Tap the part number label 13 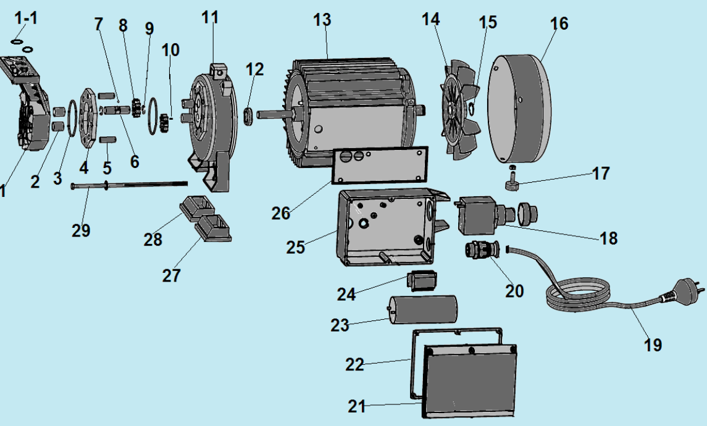pyautogui.click(x=322, y=20)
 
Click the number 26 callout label pyautogui.click(x=281, y=213)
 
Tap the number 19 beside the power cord pyautogui.click(x=653, y=345)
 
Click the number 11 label pyautogui.click(x=210, y=17)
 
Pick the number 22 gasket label pyautogui.click(x=354, y=364)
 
